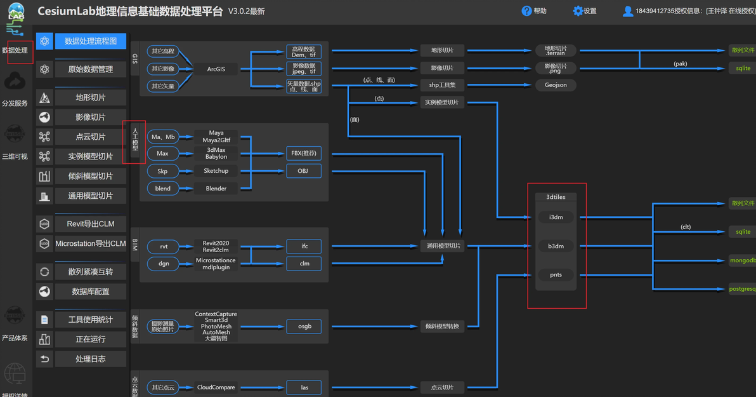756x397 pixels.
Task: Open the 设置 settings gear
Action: click(584, 11)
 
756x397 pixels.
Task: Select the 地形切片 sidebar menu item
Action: click(90, 97)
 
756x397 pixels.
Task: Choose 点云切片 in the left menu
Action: click(90, 137)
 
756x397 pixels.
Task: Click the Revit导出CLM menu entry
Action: click(90, 224)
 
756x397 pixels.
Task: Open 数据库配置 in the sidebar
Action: click(90, 291)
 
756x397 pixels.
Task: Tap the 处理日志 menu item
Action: click(90, 359)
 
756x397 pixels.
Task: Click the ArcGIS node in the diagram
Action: click(216, 69)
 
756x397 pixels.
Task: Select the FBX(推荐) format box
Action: click(304, 153)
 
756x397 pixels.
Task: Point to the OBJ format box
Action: click(304, 171)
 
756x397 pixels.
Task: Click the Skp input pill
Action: click(163, 171)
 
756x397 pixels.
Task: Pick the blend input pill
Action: click(163, 189)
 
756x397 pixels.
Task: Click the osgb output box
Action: click(304, 326)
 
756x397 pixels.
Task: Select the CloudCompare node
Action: click(216, 387)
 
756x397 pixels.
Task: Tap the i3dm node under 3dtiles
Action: click(556, 217)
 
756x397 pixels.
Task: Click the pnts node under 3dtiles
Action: click(556, 274)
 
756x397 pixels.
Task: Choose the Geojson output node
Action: click(556, 84)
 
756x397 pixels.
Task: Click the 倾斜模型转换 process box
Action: click(442, 326)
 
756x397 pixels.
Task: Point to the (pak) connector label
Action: click(680, 64)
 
